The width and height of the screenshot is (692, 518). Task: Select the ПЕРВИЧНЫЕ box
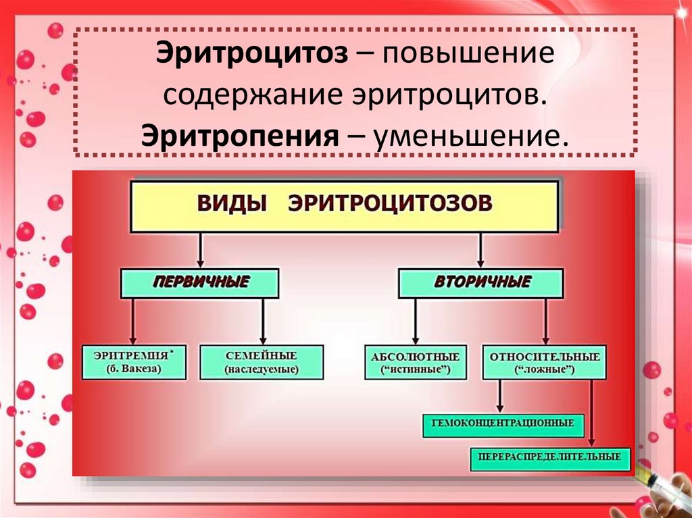(x=200, y=282)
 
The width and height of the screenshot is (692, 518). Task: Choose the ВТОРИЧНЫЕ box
(x=480, y=282)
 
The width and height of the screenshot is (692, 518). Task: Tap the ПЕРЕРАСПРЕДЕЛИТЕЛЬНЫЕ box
(x=549, y=457)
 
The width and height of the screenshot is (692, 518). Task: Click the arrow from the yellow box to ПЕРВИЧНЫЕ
(x=201, y=250)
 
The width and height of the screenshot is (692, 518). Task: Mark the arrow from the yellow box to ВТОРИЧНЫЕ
(x=480, y=250)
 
